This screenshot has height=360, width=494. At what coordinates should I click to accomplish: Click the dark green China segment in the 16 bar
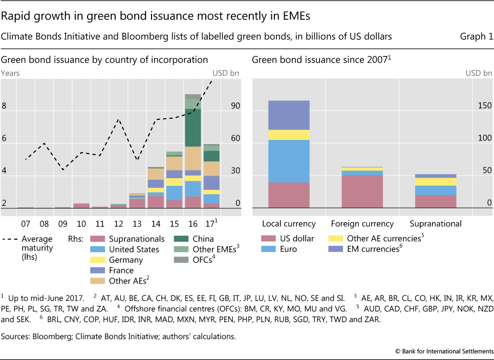point(193,128)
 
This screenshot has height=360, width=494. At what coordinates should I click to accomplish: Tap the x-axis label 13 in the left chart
point(137,224)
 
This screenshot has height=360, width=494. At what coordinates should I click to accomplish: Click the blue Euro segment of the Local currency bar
point(289,161)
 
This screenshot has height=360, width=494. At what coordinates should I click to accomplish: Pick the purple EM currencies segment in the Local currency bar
point(289,115)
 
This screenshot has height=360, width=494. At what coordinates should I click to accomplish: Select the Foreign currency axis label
point(362,224)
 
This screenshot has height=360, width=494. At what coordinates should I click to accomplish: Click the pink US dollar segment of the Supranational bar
point(436,201)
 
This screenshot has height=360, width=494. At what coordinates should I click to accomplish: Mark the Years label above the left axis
point(11,73)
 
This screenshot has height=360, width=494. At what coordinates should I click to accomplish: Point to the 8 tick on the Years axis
point(4,106)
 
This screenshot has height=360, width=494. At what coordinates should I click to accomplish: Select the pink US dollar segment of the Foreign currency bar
point(362,191)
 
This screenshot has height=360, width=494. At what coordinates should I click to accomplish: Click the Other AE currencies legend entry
point(385,239)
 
